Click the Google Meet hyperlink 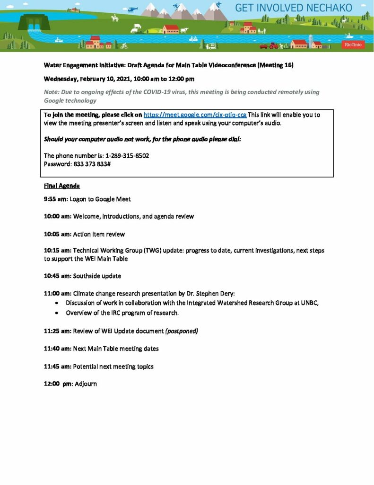point(195,115)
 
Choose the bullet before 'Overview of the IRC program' point(57,313)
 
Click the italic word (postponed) point(181,331)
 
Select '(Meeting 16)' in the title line point(275,65)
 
